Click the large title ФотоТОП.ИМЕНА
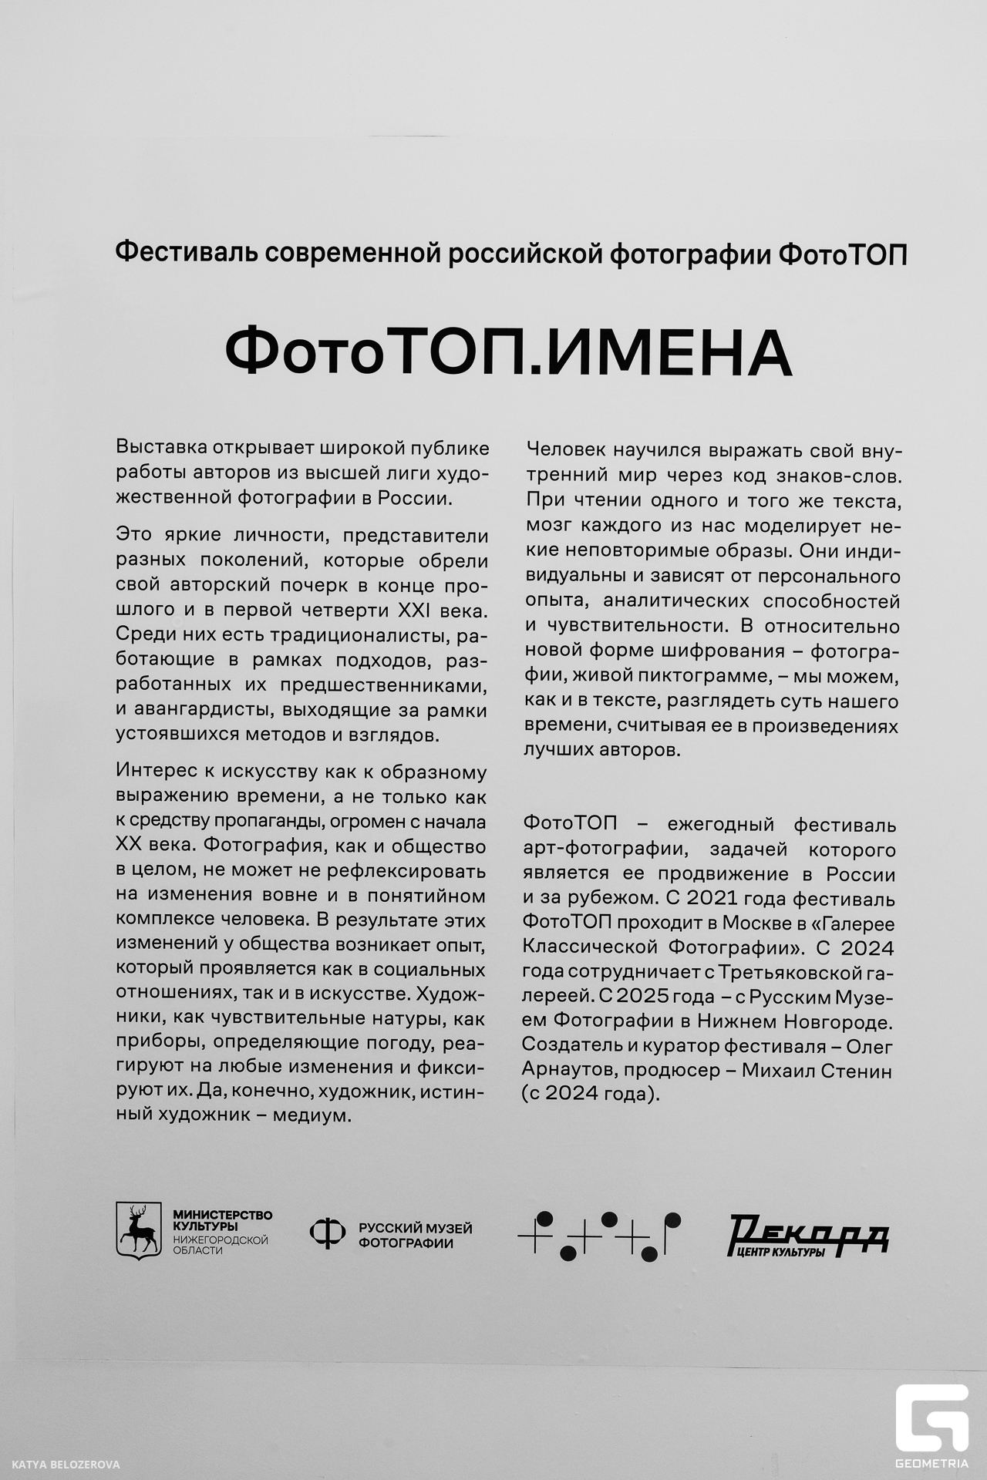point(508,351)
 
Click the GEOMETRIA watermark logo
point(931,1417)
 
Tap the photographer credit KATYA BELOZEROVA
point(66,1465)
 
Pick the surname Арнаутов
point(570,1071)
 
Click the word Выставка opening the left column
point(161,448)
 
